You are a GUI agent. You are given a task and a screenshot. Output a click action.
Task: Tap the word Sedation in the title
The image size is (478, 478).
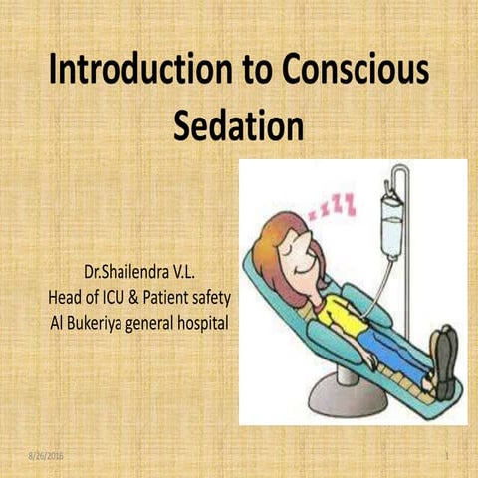click(x=239, y=126)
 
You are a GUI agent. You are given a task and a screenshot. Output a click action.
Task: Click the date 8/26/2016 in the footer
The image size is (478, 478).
click(x=44, y=455)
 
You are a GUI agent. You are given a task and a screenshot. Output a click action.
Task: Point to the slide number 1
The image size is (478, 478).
click(x=450, y=455)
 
